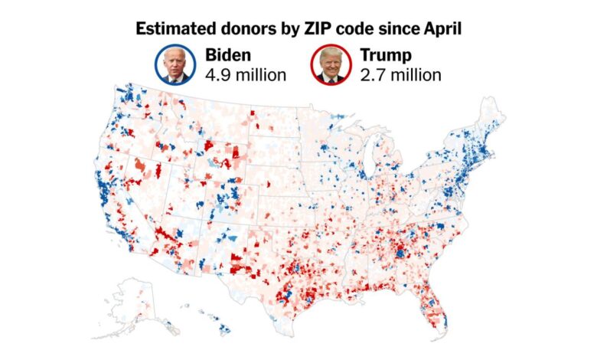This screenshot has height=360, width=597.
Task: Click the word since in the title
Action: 393,29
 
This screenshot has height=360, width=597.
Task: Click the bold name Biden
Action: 228,56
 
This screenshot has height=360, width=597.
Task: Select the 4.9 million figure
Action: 245,75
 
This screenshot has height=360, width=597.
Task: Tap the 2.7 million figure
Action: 400,75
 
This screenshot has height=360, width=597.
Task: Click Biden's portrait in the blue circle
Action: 176,65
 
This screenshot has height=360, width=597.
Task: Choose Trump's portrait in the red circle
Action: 331,65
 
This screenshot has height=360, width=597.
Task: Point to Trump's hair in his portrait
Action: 331,54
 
